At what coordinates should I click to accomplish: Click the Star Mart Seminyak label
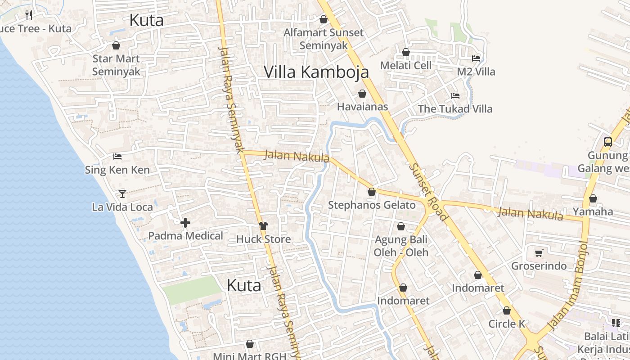(116, 65)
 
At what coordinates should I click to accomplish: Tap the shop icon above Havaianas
(362, 94)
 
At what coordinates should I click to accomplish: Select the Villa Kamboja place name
(316, 72)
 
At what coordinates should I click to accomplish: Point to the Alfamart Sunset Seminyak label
(324, 39)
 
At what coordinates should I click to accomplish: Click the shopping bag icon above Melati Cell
(405, 52)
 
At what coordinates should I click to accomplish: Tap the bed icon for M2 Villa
(476, 58)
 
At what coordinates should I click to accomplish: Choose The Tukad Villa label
(455, 109)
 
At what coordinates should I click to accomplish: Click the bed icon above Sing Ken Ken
(117, 157)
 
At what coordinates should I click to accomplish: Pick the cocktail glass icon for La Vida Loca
(122, 194)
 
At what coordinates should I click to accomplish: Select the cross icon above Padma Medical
(185, 223)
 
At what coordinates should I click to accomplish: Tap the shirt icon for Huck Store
(263, 225)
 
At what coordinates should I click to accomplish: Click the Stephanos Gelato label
(372, 205)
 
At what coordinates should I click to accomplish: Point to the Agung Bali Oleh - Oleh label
(401, 246)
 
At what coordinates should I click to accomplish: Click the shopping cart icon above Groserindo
(539, 253)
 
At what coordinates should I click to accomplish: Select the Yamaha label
(593, 211)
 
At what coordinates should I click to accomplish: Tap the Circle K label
(507, 324)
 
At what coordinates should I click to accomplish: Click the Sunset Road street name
(428, 192)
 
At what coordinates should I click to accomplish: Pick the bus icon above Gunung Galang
(607, 142)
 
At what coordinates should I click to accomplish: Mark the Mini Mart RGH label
(249, 356)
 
